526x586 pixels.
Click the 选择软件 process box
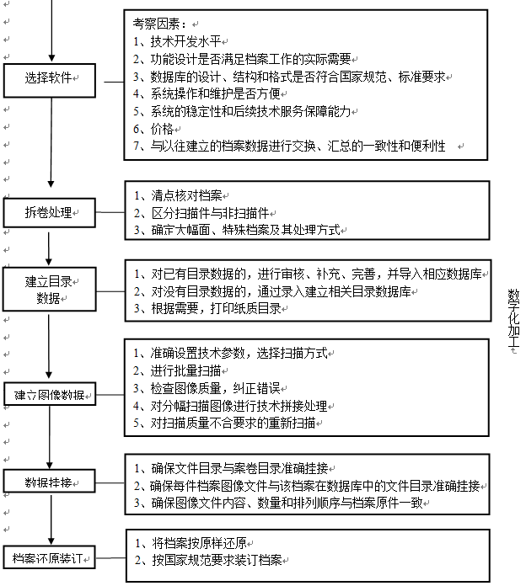[50, 80]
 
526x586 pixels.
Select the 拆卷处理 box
[50, 213]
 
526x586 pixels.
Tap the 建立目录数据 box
[50, 290]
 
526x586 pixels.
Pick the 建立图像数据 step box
[50, 394]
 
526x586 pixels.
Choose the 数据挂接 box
[50, 481]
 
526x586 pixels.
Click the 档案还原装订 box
[50, 557]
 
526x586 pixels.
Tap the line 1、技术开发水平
[177, 41]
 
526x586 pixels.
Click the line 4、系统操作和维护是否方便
[207, 93]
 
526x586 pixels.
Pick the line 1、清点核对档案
[178, 195]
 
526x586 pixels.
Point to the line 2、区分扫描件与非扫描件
[201, 213]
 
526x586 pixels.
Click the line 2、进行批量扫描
[177, 370]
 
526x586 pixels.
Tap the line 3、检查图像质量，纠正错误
[207, 388]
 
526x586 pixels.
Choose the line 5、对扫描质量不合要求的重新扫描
[224, 423]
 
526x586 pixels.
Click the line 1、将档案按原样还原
[191, 543]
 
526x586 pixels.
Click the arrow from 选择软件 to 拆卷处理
[51, 143]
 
